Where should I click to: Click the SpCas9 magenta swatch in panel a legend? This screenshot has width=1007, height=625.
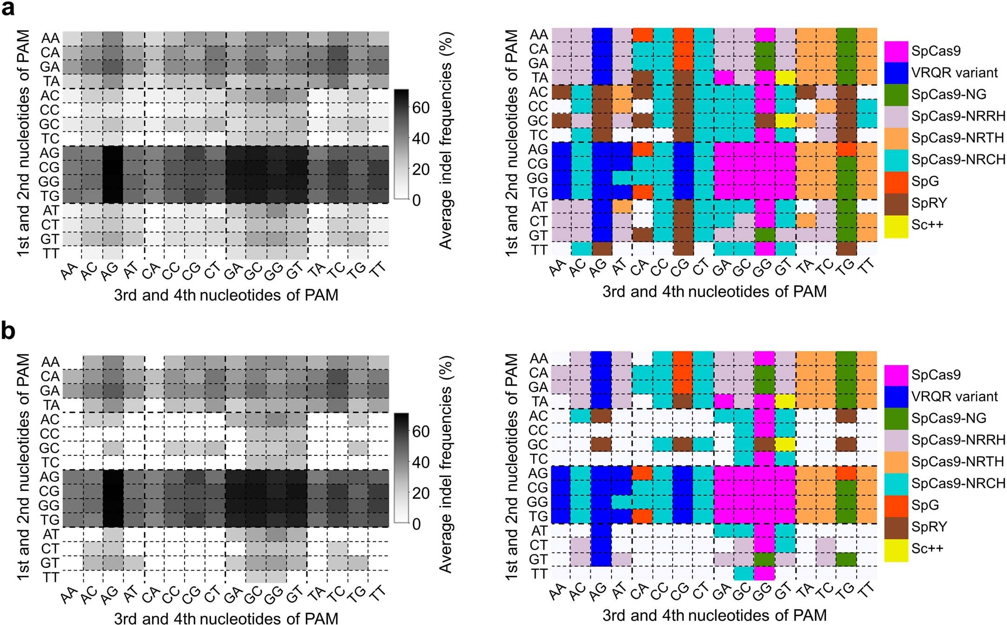896,51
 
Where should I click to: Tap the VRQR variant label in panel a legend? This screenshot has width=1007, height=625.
954,73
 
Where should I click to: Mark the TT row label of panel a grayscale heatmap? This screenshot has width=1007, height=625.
51,254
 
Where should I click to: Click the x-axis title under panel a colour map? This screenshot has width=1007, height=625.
714,292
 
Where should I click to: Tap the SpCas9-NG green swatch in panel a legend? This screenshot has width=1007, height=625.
896,94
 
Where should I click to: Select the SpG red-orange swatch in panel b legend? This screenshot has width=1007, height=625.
896,505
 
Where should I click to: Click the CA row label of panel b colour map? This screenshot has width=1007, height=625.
539,373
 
